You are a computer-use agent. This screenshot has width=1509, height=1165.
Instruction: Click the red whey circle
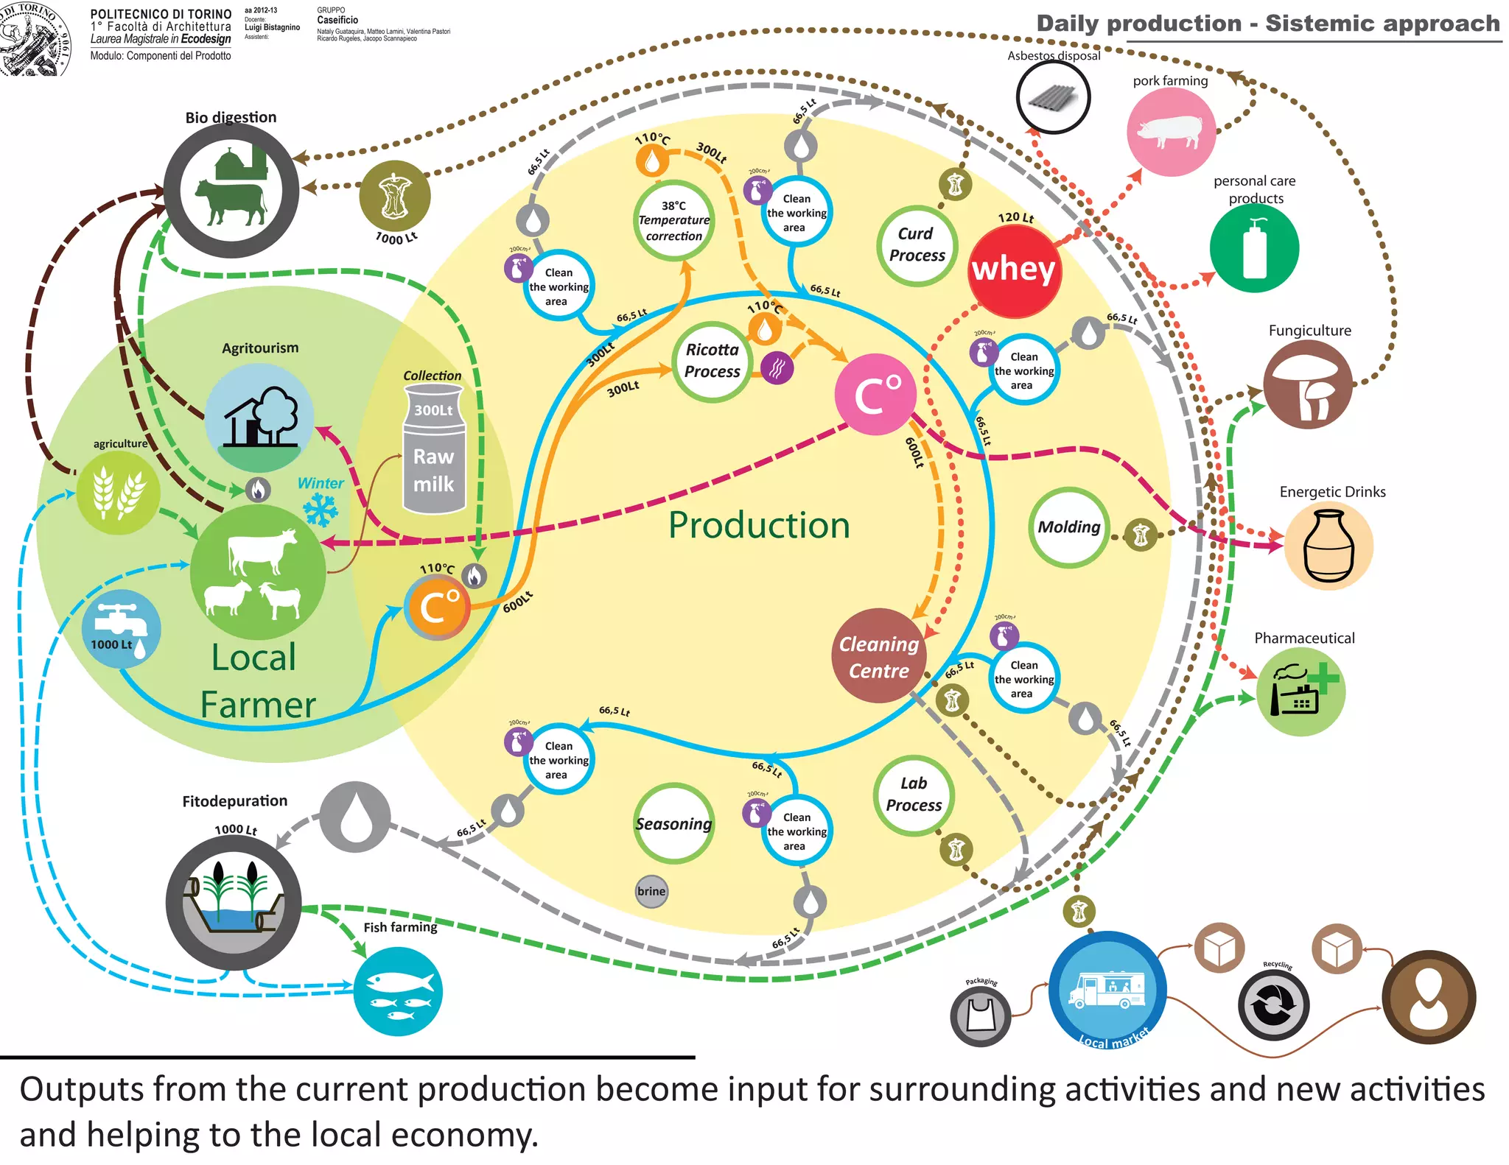coord(1014,270)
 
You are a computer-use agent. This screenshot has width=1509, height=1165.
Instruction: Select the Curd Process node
coord(917,245)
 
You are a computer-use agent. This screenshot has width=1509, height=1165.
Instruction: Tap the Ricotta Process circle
coord(712,361)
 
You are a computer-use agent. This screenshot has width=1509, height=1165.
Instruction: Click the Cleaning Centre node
coord(878,656)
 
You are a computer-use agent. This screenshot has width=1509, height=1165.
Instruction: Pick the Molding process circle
coord(1068,527)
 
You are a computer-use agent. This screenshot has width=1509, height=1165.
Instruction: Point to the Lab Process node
coord(914,795)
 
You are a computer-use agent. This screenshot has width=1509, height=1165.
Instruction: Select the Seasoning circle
coord(673,823)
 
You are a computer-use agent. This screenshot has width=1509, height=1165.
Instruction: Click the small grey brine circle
coord(651,891)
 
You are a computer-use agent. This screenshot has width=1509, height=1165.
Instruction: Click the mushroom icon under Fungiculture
coord(1308,384)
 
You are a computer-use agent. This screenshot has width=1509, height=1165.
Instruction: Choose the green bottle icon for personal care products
coord(1254,248)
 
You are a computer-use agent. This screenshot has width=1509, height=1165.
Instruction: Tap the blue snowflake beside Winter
coord(321,510)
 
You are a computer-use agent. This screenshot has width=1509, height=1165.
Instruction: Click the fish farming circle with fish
coord(398,990)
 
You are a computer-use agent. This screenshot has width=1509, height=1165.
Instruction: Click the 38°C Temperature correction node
coord(673,220)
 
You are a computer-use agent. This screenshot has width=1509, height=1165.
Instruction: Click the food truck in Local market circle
coord(1107,989)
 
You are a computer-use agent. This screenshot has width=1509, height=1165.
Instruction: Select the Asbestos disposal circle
coord(1053,97)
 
